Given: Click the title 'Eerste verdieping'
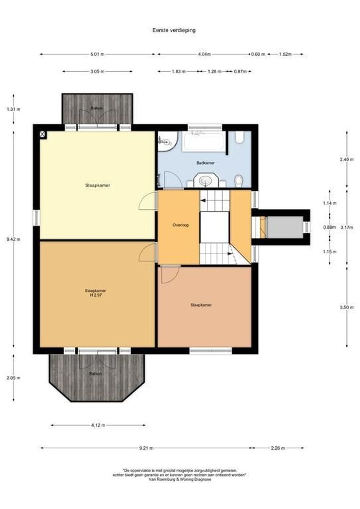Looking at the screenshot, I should [x=174, y=30].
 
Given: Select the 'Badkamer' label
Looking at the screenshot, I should [x=205, y=163].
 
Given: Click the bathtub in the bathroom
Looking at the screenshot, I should [x=204, y=141].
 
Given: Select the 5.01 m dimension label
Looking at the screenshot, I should [x=97, y=55].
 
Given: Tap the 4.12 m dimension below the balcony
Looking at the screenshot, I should [x=98, y=425].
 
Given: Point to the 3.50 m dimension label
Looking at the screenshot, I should [x=346, y=307].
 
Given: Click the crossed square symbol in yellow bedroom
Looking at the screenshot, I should [x=43, y=135].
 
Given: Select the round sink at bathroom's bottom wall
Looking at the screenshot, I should [x=206, y=181].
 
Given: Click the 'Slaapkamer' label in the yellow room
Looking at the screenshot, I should [x=98, y=186].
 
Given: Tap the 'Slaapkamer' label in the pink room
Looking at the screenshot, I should [x=201, y=305].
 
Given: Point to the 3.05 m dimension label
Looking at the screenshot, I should [x=97, y=72].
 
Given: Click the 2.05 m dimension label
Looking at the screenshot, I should [x=13, y=378].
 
